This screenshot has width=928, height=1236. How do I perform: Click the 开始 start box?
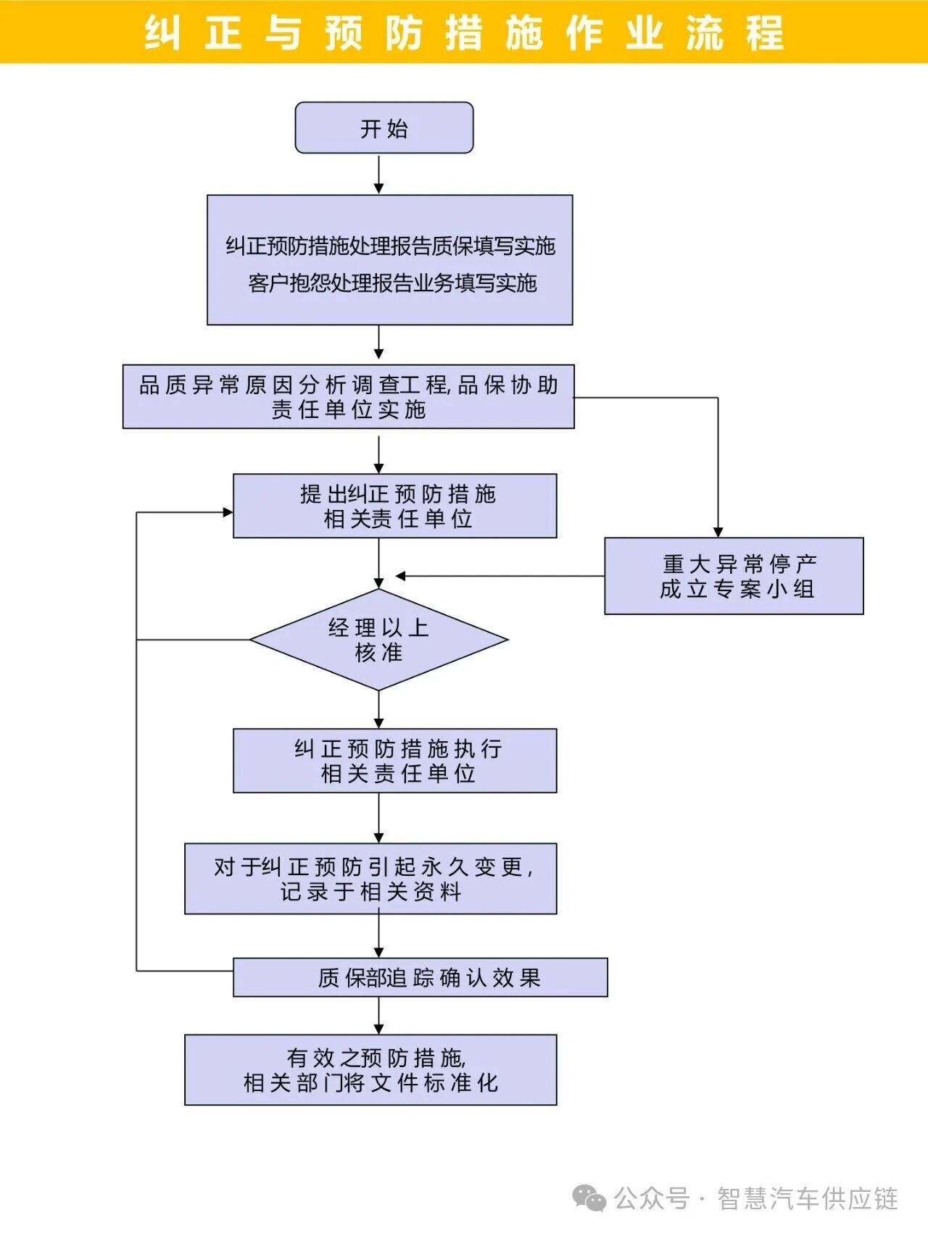(x=384, y=128)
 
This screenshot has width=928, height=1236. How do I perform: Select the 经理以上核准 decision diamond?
(x=378, y=640)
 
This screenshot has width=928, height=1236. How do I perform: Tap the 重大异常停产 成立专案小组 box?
(x=734, y=576)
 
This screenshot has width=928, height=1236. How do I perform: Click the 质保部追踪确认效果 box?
(x=420, y=977)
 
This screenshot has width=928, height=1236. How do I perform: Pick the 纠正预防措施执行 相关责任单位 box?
(x=394, y=761)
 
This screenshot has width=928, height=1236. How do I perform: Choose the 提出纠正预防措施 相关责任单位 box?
(x=394, y=506)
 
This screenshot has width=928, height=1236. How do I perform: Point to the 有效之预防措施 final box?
(x=370, y=1069)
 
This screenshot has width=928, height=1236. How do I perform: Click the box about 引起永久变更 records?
(x=370, y=878)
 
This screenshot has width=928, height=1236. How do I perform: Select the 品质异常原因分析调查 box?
(x=348, y=396)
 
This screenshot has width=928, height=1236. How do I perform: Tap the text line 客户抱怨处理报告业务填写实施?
(x=392, y=283)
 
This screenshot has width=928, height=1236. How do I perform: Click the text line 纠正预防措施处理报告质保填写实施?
(x=390, y=246)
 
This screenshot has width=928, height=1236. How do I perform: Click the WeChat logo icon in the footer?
(x=589, y=1198)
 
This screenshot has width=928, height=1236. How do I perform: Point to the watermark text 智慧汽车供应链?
(x=808, y=1198)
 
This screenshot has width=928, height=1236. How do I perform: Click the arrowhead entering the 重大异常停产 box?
(x=718, y=532)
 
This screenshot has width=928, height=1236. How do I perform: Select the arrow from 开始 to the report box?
(x=378, y=174)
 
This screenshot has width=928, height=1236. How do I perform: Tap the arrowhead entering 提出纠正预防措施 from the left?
(x=228, y=512)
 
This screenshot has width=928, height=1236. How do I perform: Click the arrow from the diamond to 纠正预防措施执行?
(x=378, y=710)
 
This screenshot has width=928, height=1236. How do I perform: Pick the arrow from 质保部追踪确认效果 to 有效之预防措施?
(x=378, y=1016)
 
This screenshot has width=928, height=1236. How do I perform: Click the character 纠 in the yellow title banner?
(x=162, y=33)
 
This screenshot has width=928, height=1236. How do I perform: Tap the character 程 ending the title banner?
(x=764, y=33)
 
